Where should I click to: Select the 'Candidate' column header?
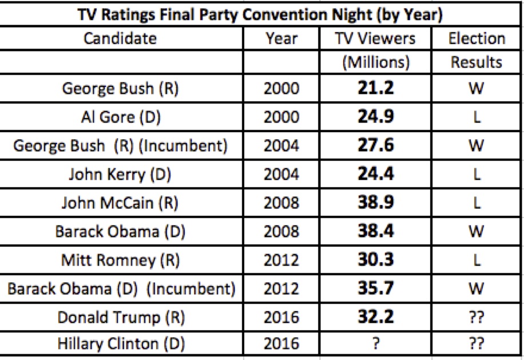pos(120,38)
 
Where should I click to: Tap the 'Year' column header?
pos(281,39)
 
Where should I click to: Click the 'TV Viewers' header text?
pos(375,38)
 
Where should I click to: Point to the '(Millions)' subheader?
pos(376,62)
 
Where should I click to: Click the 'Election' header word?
pos(477,38)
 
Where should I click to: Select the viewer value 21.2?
pos(376,88)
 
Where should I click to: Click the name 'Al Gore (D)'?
pos(121,117)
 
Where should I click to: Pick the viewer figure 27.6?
pos(376,145)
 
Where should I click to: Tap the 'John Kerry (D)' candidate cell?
pos(120,175)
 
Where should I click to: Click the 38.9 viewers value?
pos(376,203)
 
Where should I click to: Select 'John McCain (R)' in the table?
pos(120,203)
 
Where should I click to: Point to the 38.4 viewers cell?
pos(376,231)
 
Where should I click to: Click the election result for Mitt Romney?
pos(477,260)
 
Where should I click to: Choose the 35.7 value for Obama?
pos(376,288)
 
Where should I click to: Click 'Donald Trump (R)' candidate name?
pos(121,318)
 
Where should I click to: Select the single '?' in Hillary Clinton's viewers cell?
pos(376,343)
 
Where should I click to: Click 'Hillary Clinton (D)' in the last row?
pos(121,344)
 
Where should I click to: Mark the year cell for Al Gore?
pos(281,117)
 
